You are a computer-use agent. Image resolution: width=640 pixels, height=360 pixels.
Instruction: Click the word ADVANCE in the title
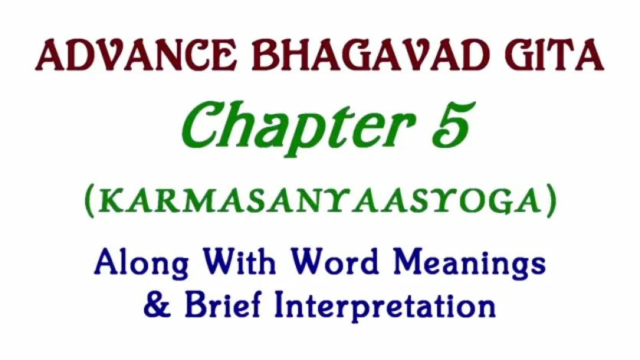point(136,55)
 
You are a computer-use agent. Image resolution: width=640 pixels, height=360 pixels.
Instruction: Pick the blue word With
point(240,261)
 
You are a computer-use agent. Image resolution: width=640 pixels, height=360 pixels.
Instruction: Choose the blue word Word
point(335,261)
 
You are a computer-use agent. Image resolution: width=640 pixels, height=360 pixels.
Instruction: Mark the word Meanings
point(469,263)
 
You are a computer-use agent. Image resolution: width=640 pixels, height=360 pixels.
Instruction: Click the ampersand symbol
point(157,306)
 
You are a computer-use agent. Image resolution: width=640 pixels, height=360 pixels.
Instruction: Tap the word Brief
point(223,304)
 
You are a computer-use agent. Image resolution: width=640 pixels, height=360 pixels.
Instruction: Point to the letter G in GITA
point(519,55)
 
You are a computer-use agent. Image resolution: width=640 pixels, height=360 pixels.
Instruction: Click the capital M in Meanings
point(409,261)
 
